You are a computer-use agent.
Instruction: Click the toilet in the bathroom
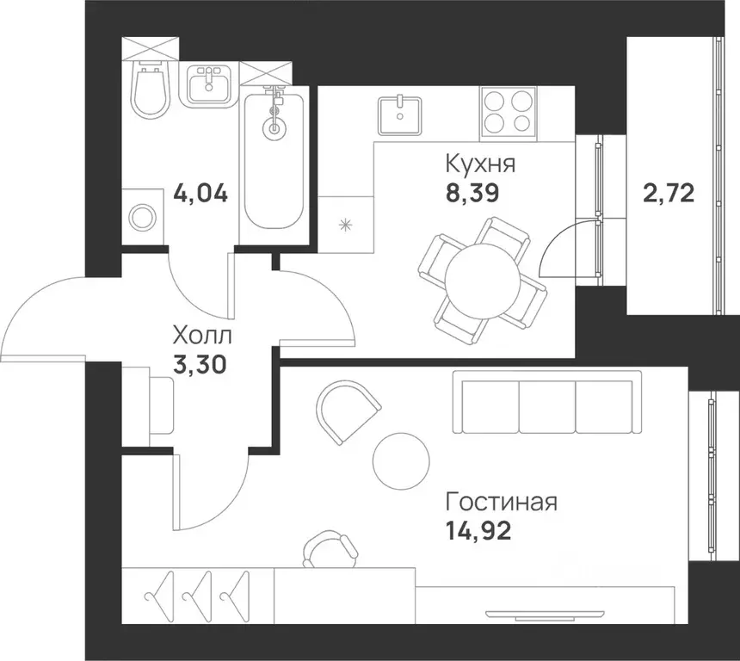[x=150, y=90]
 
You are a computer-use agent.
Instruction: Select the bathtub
[x=274, y=159]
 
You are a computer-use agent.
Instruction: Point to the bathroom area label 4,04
[x=200, y=192]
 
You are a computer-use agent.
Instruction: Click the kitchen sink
[x=399, y=114]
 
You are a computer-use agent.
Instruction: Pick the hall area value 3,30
[x=200, y=365]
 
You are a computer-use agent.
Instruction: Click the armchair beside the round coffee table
[x=347, y=411]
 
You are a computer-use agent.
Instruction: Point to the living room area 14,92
[x=478, y=530]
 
